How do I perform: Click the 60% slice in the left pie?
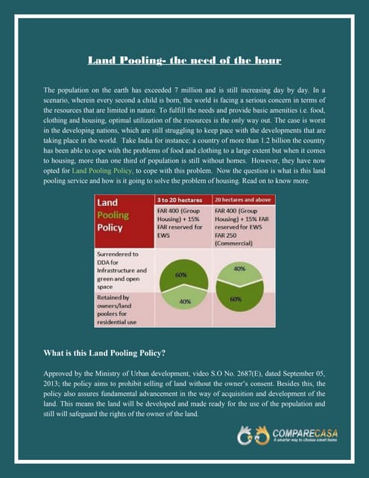pyautogui.click(x=180, y=275)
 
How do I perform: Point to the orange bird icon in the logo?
pyautogui.click(x=261, y=434)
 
